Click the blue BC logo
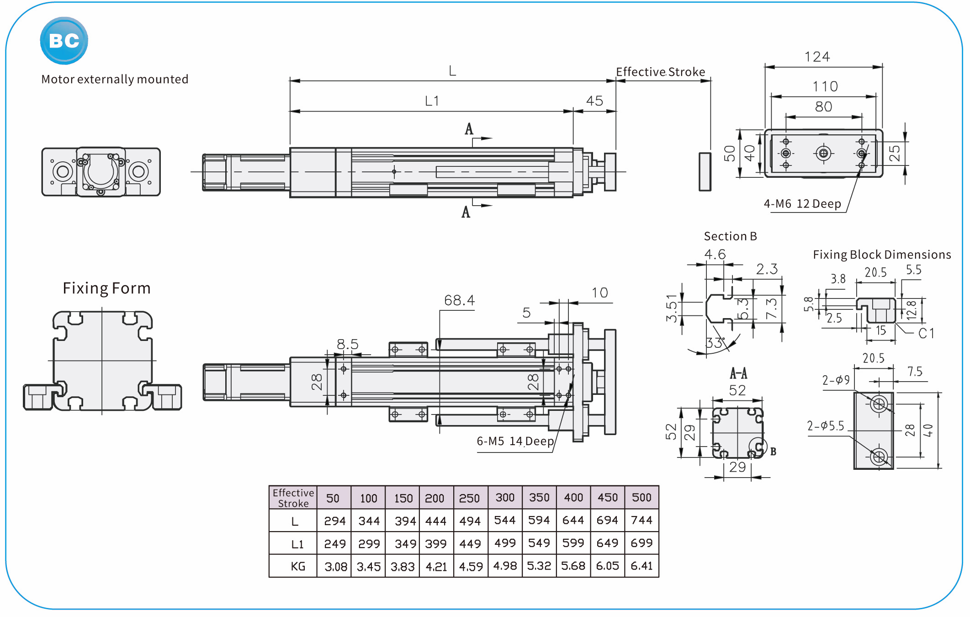[64, 41]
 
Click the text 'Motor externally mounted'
[115, 80]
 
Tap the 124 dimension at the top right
[817, 57]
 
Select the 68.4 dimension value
[459, 300]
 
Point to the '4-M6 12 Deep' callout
[802, 204]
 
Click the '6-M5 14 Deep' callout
[515, 441]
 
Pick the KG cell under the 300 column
[505, 566]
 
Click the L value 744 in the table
[641, 520]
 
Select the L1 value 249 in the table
[334, 544]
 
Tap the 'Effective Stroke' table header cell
[293, 498]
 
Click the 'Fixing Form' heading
[106, 288]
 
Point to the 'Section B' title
[730, 236]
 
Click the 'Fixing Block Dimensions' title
[881, 255]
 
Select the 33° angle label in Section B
[715, 343]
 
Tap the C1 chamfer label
[927, 333]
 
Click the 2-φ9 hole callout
[836, 380]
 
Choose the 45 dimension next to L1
[594, 101]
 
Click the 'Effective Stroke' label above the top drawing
[660, 72]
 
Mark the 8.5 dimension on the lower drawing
[347, 344]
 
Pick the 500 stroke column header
[641, 497]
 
